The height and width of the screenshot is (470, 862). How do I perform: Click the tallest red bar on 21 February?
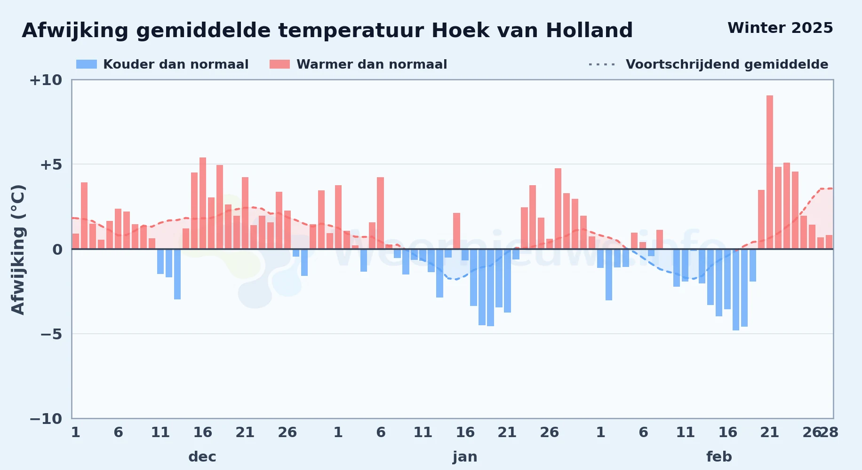(x=770, y=172)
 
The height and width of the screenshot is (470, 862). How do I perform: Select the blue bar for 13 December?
(x=177, y=274)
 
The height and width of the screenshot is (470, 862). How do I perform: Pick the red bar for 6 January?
(x=380, y=213)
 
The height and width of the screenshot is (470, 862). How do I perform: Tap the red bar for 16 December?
(x=203, y=203)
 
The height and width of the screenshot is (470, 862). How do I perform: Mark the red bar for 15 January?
(x=456, y=231)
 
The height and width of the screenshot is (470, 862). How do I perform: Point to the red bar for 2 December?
(x=84, y=215)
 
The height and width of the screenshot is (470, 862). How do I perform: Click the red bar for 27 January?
(x=558, y=209)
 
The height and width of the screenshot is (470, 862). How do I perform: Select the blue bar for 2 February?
(x=609, y=274)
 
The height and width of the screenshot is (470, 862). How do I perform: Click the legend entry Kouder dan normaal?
(x=162, y=64)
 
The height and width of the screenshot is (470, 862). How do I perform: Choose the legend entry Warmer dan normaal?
(x=358, y=64)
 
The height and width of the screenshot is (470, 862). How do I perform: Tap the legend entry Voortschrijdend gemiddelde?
(x=708, y=64)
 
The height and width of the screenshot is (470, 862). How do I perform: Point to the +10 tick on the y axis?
(x=46, y=80)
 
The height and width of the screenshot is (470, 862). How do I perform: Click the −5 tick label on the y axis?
(x=51, y=334)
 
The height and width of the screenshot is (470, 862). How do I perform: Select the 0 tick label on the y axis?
(x=57, y=250)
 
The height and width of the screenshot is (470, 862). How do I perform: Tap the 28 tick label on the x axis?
(x=829, y=432)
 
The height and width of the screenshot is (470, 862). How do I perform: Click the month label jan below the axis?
(x=465, y=457)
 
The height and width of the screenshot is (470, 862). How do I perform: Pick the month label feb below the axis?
(x=719, y=456)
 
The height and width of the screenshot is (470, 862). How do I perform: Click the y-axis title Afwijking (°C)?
(x=18, y=250)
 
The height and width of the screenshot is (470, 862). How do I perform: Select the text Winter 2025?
(x=780, y=28)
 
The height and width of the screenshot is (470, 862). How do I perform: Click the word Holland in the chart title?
(x=590, y=31)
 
